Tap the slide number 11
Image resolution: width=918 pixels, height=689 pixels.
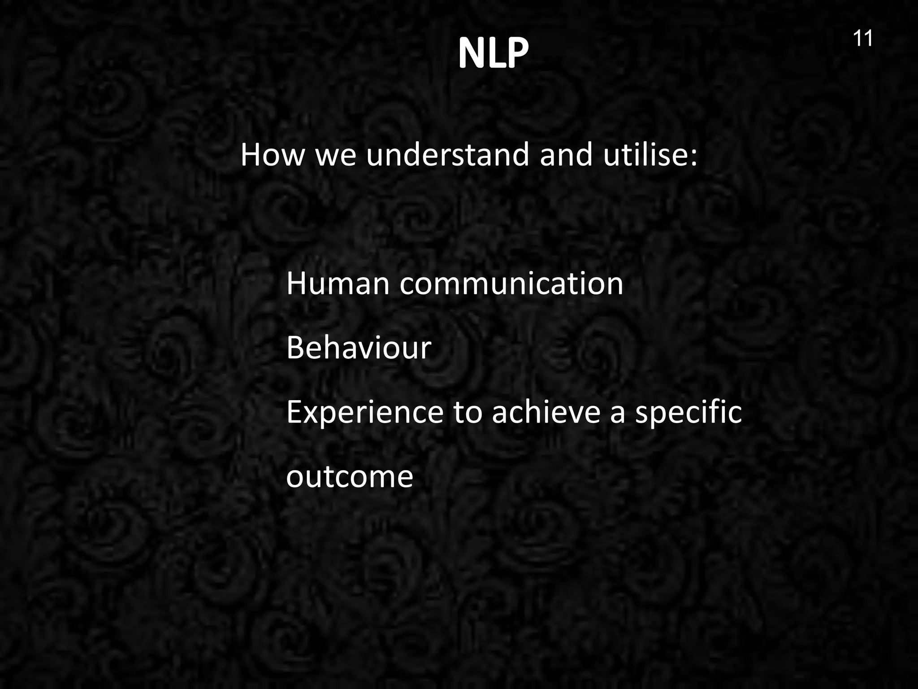point(862,39)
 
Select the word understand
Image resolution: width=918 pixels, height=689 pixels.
point(448,155)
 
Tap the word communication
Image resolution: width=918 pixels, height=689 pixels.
point(511,284)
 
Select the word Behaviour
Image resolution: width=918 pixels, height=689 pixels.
point(359,348)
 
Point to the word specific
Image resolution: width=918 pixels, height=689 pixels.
point(688,413)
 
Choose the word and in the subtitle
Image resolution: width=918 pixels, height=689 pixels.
point(566,155)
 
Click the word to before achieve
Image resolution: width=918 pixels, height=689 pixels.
point(468,413)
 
